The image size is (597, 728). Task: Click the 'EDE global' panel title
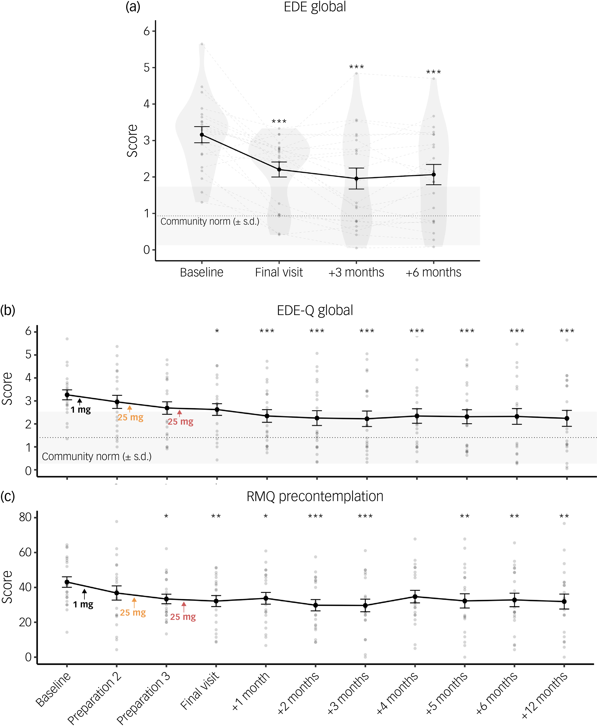click(x=315, y=7)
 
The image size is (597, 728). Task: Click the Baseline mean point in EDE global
click(x=202, y=135)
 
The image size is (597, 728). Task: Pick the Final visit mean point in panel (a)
click(x=279, y=169)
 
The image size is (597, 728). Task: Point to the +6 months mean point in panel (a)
click(x=434, y=175)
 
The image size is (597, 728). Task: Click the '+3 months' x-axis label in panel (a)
click(x=356, y=272)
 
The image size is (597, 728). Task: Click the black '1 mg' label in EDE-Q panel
click(x=81, y=410)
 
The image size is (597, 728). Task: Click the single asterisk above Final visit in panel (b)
click(x=217, y=331)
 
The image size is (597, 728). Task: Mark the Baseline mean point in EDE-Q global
click(x=67, y=395)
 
